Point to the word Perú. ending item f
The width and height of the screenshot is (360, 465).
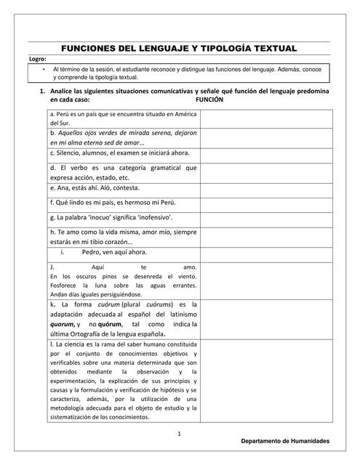pyautogui.click(x=165, y=202)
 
